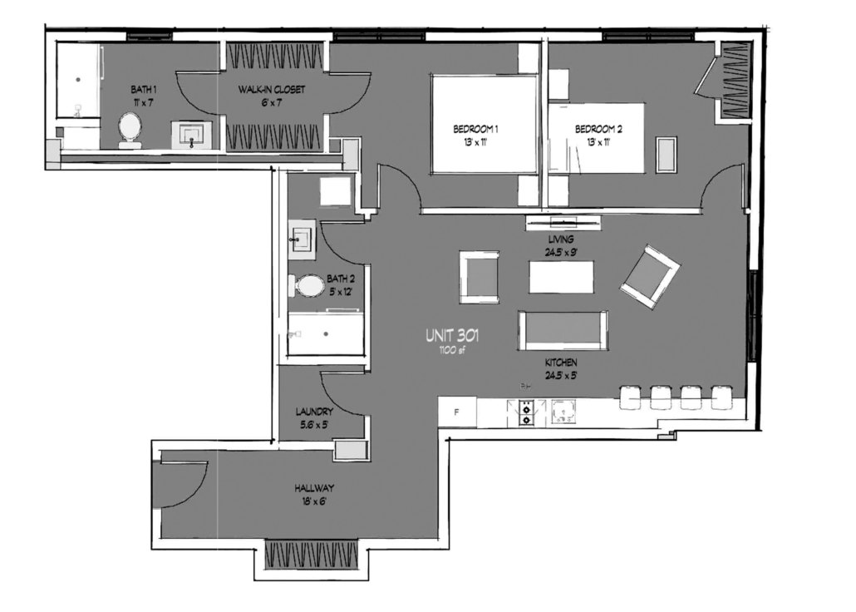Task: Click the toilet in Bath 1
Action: [130, 130]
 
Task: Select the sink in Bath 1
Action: [192, 135]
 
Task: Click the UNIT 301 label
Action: [453, 335]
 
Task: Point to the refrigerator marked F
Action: [457, 412]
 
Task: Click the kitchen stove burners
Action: [526, 412]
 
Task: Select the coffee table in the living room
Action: [561, 277]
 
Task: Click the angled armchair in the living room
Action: [650, 277]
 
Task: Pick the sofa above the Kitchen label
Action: [563, 330]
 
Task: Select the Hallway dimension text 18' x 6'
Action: [314, 501]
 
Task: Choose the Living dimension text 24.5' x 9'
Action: [561, 253]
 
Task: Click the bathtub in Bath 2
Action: [326, 334]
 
